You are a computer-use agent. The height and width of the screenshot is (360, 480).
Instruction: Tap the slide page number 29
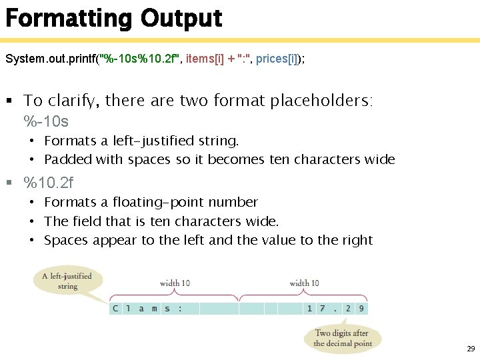470,349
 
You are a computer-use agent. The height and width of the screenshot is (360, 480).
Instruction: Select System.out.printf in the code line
51,59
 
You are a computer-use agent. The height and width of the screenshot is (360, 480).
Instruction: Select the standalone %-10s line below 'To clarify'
46,122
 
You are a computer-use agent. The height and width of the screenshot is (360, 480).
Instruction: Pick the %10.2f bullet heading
49,183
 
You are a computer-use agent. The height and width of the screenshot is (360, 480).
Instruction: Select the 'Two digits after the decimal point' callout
342,339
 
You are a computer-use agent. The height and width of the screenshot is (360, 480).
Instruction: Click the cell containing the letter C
116,309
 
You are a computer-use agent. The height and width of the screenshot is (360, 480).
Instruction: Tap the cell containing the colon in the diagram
179,309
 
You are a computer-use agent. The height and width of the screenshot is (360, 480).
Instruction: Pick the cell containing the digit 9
361,309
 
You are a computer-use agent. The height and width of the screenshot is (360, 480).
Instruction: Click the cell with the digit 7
323,309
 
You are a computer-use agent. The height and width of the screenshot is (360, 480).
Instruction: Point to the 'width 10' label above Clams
175,283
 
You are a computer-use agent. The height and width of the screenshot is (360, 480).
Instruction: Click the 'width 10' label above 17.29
304,283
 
